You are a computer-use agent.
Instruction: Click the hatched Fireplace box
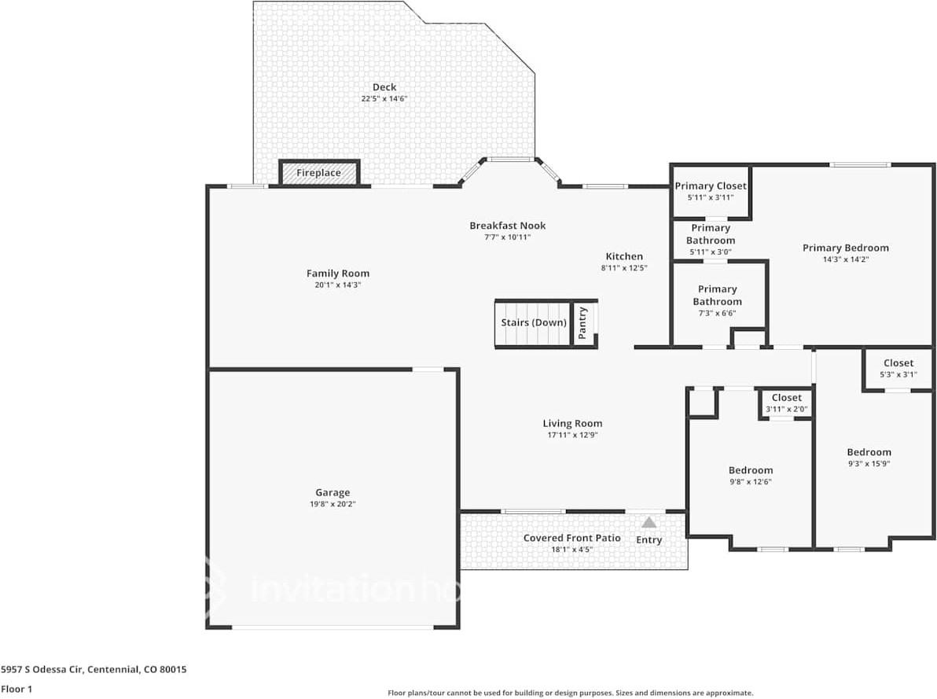coord(319,173)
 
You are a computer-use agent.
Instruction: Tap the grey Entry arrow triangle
coord(649,523)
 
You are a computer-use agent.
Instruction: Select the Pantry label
coord(582,323)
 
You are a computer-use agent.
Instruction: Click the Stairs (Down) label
coord(534,322)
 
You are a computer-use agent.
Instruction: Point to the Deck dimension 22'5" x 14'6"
coord(384,98)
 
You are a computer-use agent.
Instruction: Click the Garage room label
coord(333,493)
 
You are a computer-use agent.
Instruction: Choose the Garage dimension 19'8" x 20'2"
coord(333,504)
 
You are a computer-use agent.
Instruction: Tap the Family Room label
coord(338,274)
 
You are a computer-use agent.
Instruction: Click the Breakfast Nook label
coord(507,226)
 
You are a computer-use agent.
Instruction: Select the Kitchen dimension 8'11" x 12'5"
coord(624,268)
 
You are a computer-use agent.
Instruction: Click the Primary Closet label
coord(711,186)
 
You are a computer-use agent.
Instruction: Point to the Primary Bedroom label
coord(846,248)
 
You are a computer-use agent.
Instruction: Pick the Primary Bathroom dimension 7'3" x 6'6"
coord(717,313)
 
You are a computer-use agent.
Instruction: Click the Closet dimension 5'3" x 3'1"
coord(898,375)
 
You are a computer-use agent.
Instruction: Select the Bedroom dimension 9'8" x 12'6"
coord(751,482)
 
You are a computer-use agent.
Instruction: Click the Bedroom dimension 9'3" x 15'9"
coord(869,463)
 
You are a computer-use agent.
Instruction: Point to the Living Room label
coord(572,423)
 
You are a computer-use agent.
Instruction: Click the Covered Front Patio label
coord(572,538)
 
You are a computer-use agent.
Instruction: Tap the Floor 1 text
coord(17,689)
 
